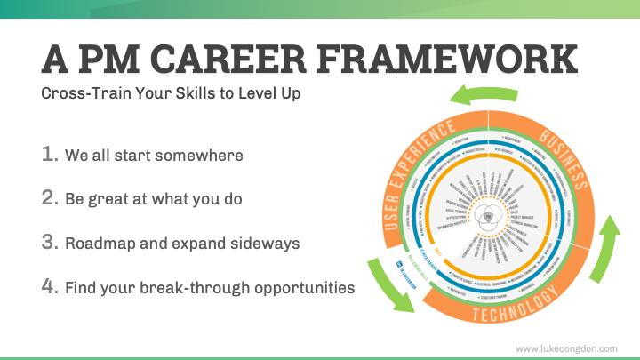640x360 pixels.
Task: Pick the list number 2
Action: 50,198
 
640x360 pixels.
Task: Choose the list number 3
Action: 50,243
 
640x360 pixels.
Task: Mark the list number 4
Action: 50,287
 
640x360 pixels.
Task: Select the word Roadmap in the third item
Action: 100,244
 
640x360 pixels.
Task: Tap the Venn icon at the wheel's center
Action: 494,217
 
